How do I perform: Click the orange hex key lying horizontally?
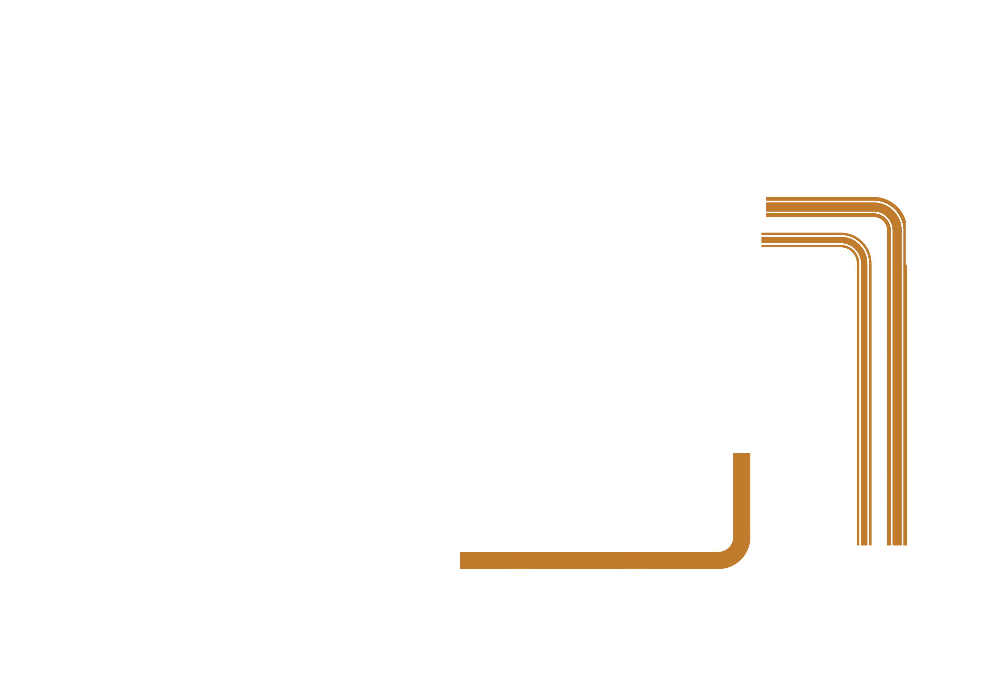click(x=603, y=560)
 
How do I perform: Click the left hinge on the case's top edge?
click(x=247, y=85)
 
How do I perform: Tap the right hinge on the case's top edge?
click(x=765, y=85)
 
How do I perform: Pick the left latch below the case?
click(x=247, y=631)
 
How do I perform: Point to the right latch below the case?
click(x=765, y=631)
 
